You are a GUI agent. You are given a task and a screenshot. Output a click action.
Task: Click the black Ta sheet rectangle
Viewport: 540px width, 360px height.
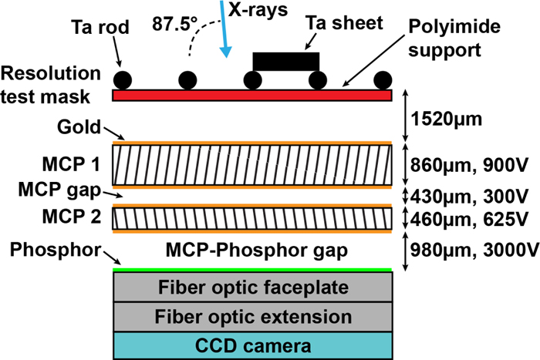285,60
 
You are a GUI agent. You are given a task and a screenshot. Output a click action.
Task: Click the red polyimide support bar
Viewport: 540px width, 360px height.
255,95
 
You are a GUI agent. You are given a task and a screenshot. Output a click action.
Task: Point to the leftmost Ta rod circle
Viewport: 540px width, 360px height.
122,80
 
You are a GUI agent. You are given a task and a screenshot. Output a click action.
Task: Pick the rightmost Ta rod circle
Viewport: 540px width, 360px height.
383,80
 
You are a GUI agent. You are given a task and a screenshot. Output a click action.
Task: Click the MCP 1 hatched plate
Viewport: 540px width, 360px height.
255,163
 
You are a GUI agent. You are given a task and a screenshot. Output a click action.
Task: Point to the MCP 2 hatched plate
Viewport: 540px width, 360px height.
255,219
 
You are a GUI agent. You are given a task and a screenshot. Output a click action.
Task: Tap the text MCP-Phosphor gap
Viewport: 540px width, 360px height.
255,251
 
